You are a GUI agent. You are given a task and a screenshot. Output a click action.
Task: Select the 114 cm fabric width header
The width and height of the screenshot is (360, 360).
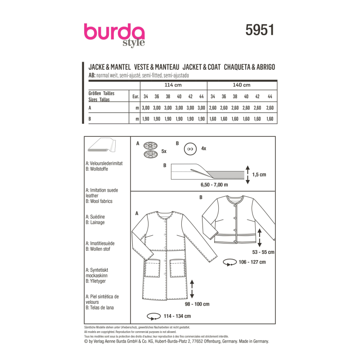tap(173, 85)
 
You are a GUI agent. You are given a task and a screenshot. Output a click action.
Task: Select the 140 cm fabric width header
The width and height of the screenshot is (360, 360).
tap(241, 85)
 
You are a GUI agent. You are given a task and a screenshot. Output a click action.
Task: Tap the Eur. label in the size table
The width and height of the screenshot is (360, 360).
tap(135, 96)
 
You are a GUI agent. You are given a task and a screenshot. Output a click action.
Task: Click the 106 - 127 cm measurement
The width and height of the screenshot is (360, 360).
tap(252, 261)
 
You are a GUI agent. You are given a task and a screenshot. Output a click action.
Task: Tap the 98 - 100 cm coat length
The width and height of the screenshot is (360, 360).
tap(197, 304)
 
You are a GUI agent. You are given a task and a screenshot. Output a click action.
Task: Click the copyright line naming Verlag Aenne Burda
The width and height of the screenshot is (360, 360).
tap(176, 342)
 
